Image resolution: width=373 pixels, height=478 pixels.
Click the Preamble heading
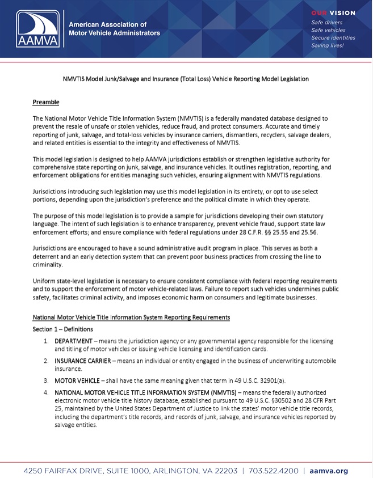click(46, 102)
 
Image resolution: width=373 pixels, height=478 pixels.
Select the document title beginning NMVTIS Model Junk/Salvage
click(186, 79)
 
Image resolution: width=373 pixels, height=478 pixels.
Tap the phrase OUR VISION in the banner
click(333, 13)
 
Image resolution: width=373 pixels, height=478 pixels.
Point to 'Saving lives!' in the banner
click(327, 45)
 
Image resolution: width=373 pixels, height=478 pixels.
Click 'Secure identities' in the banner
click(333, 37)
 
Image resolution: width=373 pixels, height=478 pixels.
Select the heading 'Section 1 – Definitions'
click(63, 329)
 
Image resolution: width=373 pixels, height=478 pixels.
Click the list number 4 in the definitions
click(46, 392)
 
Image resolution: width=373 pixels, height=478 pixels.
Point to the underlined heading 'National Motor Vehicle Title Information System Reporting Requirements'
click(131, 318)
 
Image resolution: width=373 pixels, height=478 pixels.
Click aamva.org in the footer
click(329, 471)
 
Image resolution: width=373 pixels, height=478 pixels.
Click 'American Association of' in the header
click(107, 24)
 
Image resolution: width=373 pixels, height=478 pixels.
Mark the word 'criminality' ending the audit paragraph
click(48, 265)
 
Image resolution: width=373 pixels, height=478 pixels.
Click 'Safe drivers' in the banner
click(327, 23)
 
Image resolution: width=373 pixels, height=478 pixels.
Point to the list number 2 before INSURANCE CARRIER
click(46, 361)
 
